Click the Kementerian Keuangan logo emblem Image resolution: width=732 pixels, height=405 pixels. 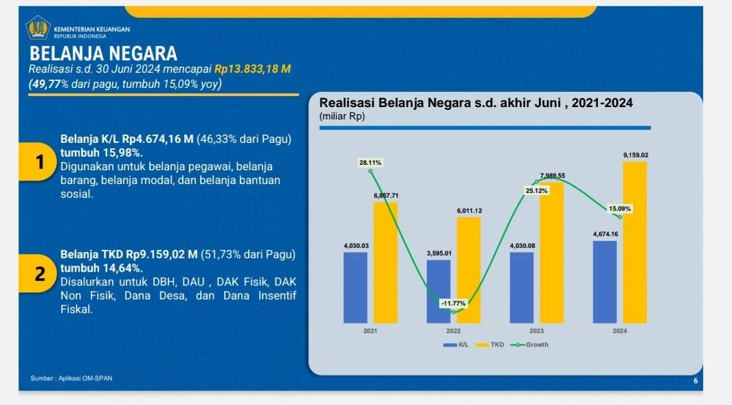tap(38, 29)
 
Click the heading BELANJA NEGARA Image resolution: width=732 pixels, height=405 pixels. tap(104, 54)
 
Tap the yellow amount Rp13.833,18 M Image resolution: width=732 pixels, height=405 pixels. tap(253, 69)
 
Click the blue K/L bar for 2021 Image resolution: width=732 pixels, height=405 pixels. tap(355, 287)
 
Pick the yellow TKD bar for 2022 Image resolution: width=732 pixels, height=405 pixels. tap(469, 270)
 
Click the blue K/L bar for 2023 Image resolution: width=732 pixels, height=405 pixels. tap(522, 287)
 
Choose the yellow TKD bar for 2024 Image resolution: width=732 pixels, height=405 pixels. tap(635, 242)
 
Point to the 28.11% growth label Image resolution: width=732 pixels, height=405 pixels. tap(370, 163)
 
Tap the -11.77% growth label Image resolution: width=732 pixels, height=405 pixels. tap(453, 303)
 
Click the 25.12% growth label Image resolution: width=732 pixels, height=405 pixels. tap(536, 190)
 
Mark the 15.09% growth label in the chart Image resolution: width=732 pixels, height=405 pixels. tap(619, 208)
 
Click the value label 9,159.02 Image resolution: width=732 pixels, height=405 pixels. tap(635, 156)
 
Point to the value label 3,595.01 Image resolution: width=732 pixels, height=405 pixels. tap(439, 253)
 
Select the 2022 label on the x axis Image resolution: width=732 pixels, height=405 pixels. tap(453, 330)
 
